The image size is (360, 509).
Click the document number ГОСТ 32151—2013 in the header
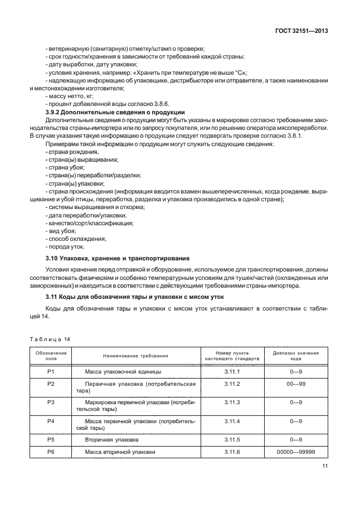coord(301,32)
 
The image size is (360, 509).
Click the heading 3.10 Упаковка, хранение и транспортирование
coord(117,258)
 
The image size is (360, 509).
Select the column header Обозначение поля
coord(51,356)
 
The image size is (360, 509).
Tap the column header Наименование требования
coord(135,356)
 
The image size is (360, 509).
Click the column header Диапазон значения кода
coord(296,356)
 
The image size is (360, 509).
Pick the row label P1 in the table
coord(51,371)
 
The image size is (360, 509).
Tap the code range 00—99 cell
coord(296,384)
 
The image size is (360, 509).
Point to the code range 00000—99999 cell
coord(296,452)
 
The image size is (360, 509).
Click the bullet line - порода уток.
coord(65,246)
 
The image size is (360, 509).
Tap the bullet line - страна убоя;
coord(65,167)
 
